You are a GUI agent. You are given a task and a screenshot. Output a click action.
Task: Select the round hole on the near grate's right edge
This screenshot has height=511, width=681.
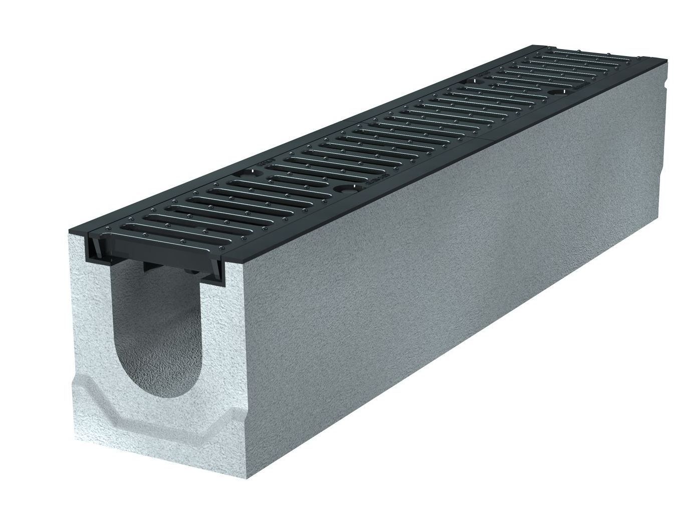coord(345,189)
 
